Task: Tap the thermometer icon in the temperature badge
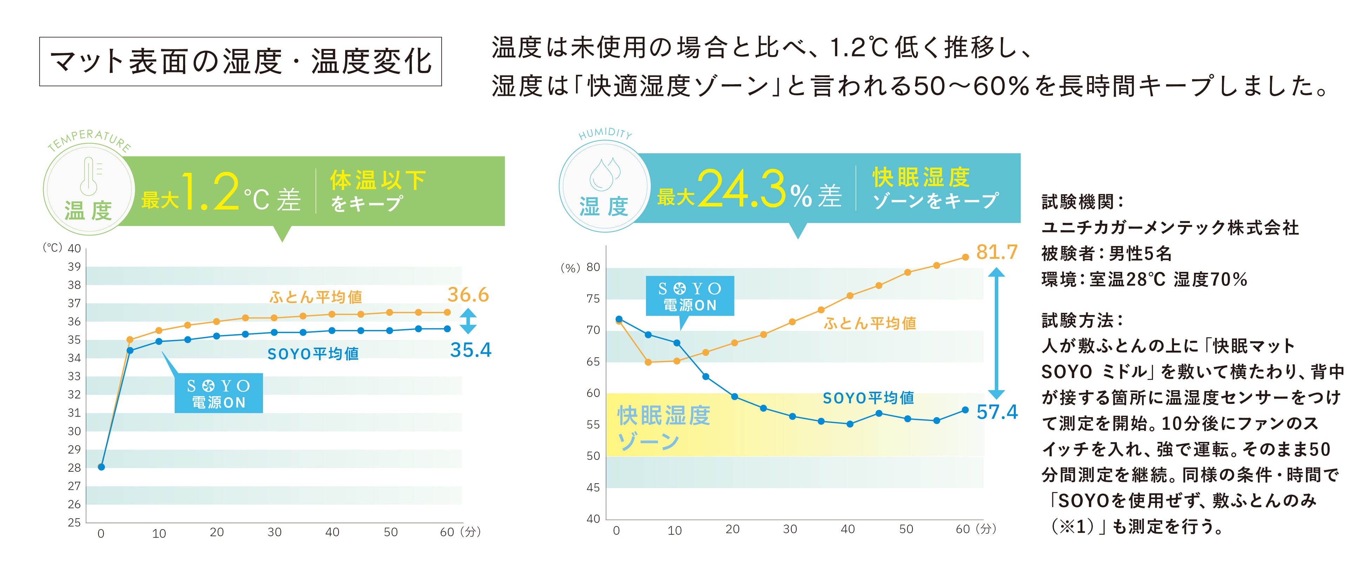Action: point(89,176)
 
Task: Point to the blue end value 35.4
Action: point(470,350)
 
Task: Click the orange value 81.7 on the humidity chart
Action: point(997,252)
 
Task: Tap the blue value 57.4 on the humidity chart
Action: point(997,412)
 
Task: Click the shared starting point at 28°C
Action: point(101,467)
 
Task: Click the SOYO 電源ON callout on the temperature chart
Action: point(218,393)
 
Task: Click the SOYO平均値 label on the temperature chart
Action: point(313,353)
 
